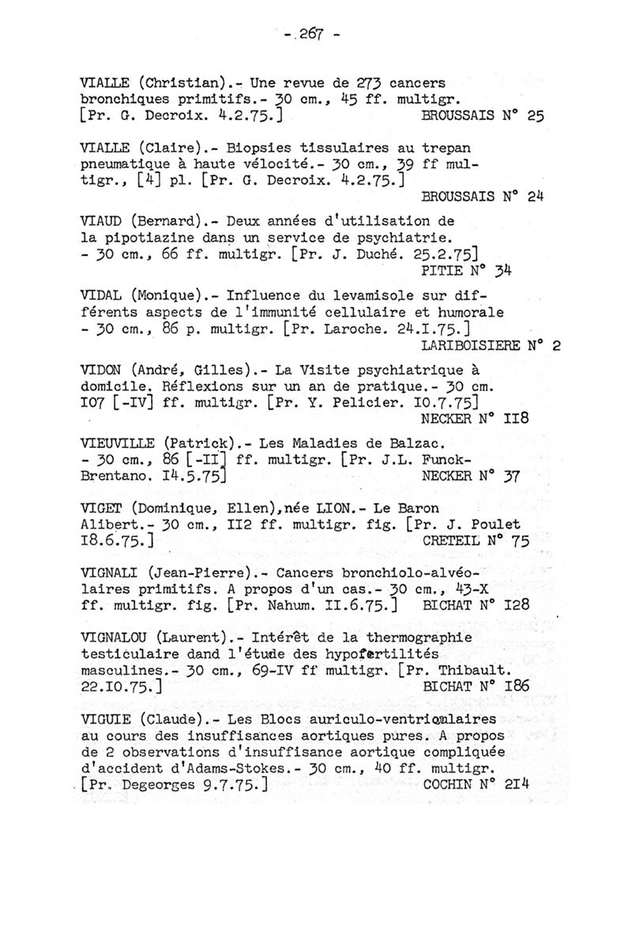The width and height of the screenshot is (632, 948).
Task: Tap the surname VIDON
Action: coord(102,370)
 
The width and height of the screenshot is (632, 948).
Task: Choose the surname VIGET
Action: coord(102,507)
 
